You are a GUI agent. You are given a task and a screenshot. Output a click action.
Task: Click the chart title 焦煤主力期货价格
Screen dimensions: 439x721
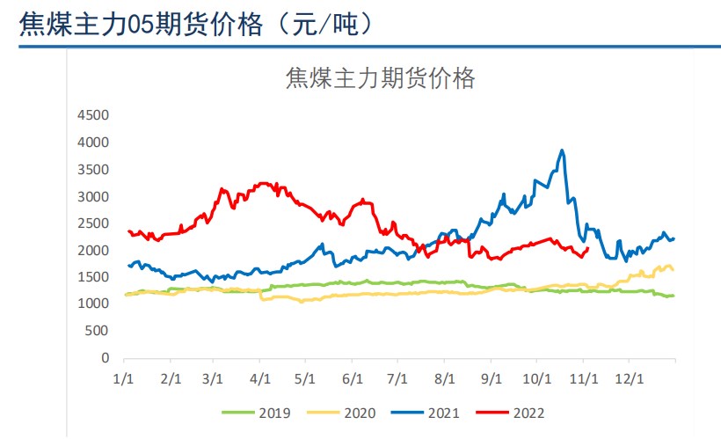(380, 79)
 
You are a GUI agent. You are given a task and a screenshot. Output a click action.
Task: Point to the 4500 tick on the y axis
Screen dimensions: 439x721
(92, 115)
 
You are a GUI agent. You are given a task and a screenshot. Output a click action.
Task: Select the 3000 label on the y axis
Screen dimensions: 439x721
(92, 196)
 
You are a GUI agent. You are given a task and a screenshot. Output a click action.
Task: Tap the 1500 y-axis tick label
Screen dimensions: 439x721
(92, 277)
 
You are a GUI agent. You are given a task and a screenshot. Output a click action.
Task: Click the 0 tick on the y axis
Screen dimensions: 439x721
(104, 358)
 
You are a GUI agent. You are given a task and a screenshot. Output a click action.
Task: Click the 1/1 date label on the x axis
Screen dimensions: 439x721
(125, 378)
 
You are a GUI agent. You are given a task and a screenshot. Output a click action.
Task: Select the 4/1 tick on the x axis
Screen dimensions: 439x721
(260, 378)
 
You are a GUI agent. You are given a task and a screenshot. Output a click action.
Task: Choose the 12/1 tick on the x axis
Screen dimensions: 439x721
(628, 378)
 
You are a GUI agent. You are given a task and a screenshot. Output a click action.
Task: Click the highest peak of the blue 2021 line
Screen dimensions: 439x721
(562, 150)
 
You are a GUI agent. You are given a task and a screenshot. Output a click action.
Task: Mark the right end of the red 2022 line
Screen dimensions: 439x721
(587, 247)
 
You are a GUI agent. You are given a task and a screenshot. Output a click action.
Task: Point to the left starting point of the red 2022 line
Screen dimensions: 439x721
(128, 230)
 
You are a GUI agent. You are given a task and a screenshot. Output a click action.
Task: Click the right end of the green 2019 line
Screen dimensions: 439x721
(674, 295)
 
